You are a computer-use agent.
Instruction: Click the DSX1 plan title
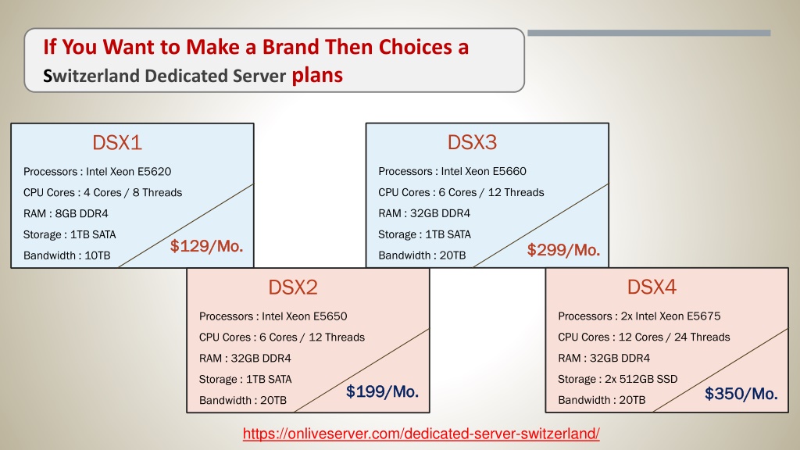coord(117,142)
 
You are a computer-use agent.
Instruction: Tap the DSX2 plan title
coord(293,287)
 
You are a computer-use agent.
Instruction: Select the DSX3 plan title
coord(472,142)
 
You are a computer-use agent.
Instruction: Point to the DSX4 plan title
coord(652,287)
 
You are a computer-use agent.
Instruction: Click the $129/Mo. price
coord(206,246)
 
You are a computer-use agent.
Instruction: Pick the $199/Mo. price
coord(382,391)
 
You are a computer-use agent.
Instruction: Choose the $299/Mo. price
coord(563,250)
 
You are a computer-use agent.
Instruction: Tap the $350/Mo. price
coord(741,394)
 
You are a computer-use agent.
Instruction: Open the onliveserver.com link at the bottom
coord(421,434)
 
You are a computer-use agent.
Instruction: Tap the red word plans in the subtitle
coord(317,76)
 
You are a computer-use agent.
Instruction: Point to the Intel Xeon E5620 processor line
coord(98,171)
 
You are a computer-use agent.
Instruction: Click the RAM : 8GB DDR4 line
coord(66,213)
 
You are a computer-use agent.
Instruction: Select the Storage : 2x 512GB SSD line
coord(617,379)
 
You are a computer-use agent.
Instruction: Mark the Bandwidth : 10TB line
coord(67,255)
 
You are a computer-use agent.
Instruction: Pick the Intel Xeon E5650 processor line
coord(273,316)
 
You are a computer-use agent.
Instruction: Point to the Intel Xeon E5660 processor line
coord(452,171)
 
